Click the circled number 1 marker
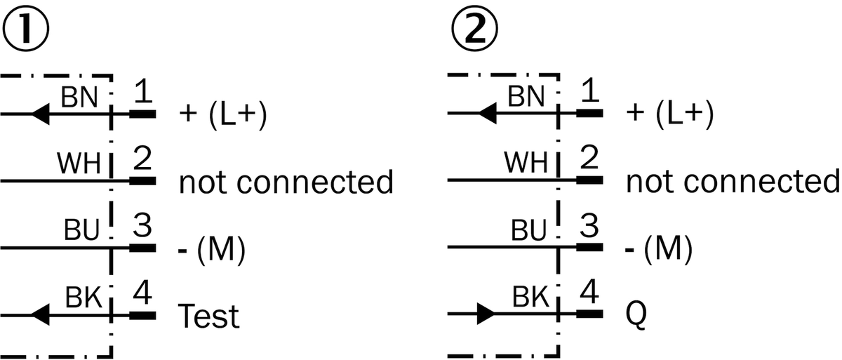pyautogui.click(x=25, y=29)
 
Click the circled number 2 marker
pyautogui.click(x=474, y=29)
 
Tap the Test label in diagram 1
pyautogui.click(x=208, y=316)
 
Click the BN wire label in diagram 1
pyautogui.click(x=79, y=97)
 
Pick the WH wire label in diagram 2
pyautogui.click(x=526, y=163)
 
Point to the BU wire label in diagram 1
pyautogui.click(x=81, y=229)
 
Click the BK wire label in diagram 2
pyautogui.click(x=530, y=297)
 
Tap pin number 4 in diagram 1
pyautogui.click(x=142, y=292)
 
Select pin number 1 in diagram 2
pyautogui.click(x=590, y=90)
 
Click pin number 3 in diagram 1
pyautogui.click(x=142, y=225)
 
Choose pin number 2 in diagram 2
pyautogui.click(x=589, y=157)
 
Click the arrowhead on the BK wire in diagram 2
pyautogui.click(x=486, y=314)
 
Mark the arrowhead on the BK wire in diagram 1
pyautogui.click(x=40, y=314)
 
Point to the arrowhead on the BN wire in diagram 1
pyautogui.click(x=40, y=114)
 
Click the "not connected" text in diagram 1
pyautogui.click(x=286, y=182)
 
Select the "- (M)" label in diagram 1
pyautogui.click(x=212, y=248)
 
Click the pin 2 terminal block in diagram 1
pyautogui.click(x=142, y=181)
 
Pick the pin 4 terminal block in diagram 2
pyautogui.click(x=589, y=314)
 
